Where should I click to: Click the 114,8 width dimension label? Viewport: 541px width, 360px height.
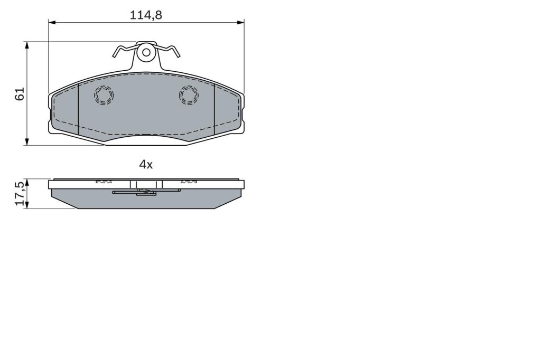146,15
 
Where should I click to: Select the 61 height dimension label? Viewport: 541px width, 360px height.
20,94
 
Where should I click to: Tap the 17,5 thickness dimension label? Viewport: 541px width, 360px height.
20,193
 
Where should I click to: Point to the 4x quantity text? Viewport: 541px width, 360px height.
146,165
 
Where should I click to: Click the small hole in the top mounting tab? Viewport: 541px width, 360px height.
146,52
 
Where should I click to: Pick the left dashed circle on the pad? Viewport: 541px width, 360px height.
104,95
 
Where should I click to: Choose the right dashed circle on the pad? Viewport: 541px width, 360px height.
189,94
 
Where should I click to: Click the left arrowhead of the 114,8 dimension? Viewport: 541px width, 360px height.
52,22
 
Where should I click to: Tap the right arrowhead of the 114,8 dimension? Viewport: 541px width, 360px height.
241,22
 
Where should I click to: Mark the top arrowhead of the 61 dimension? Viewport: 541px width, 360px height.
26,45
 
